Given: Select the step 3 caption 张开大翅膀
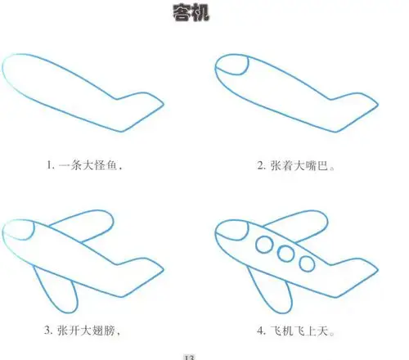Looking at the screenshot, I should (x=83, y=331).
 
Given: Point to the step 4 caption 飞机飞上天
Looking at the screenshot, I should (x=296, y=331).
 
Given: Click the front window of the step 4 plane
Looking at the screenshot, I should (x=266, y=243).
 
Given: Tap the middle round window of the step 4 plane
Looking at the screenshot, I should (x=288, y=254).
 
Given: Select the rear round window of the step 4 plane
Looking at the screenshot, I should (x=308, y=263).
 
